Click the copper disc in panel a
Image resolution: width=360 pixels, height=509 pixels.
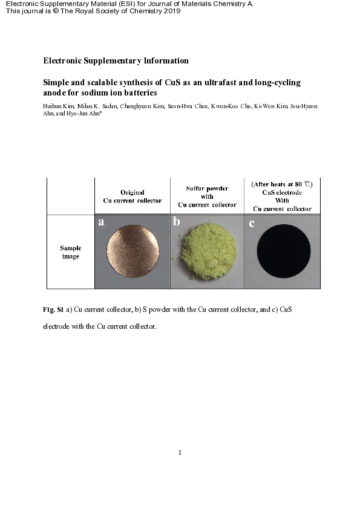(x=133, y=251)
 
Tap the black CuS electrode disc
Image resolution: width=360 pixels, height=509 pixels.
(x=284, y=251)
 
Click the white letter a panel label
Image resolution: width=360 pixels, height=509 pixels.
(x=101, y=222)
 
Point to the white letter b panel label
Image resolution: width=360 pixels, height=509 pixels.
(x=177, y=222)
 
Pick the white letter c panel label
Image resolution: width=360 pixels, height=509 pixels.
(x=252, y=223)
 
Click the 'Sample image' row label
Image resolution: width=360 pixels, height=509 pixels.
(x=70, y=252)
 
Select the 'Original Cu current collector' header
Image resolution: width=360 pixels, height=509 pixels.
(x=132, y=196)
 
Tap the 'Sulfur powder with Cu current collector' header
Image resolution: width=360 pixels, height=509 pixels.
(x=207, y=196)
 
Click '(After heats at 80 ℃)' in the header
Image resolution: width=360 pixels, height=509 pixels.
(x=282, y=183)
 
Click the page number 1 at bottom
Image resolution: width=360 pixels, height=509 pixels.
(x=180, y=452)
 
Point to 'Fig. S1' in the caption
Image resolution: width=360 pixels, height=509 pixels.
(x=53, y=310)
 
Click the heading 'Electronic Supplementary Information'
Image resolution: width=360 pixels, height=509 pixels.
(x=116, y=60)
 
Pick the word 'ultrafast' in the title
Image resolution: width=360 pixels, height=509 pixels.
(x=212, y=82)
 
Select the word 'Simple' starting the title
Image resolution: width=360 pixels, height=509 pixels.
(x=56, y=82)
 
